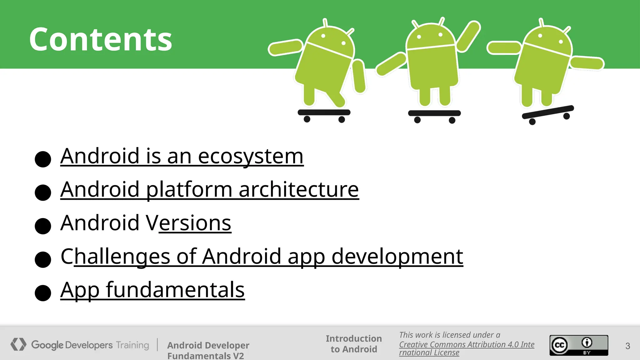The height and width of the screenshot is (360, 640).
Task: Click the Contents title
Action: (101, 39)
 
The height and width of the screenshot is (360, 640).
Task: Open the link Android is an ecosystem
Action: (182, 156)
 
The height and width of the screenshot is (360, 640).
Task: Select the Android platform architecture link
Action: (209, 189)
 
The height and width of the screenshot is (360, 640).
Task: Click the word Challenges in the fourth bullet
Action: (115, 257)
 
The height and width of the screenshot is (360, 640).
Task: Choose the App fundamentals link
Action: (152, 290)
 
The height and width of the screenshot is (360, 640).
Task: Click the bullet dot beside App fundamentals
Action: (43, 293)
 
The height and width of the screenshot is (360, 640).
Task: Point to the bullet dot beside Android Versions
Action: (43, 226)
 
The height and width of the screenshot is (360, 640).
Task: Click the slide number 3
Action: (627, 346)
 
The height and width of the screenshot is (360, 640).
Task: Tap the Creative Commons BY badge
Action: (579, 345)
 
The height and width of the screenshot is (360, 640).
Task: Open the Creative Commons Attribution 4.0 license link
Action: (466, 345)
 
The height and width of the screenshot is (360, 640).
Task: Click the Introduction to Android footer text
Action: (354, 344)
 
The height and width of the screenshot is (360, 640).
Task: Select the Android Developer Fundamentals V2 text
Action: (208, 350)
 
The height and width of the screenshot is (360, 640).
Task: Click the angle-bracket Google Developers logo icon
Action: (18, 344)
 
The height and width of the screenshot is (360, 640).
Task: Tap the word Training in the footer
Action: (132, 345)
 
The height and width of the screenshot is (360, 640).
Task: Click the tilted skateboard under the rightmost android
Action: (548, 112)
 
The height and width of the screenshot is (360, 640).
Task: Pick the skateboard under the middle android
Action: (434, 113)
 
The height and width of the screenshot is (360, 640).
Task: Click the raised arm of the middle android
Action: (468, 36)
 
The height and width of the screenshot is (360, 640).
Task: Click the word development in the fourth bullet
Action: (397, 257)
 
